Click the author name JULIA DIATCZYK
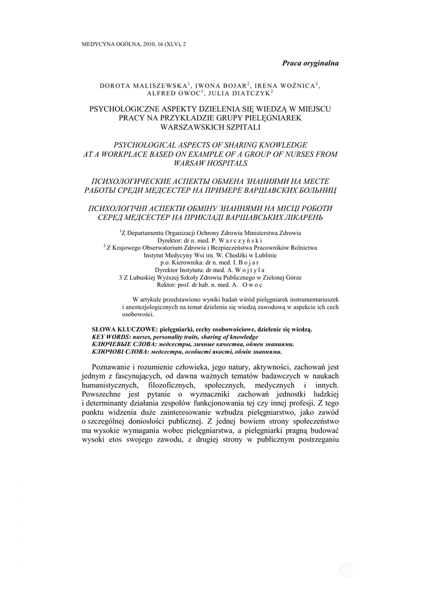[x=245, y=93]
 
